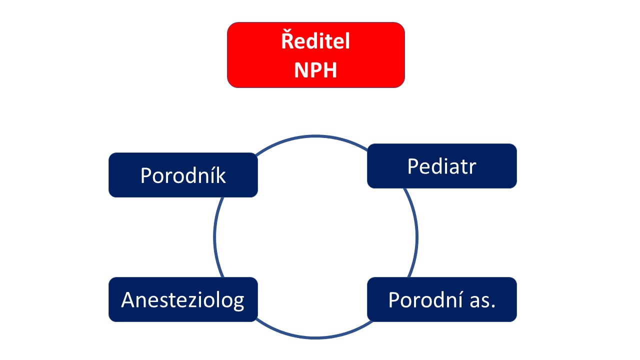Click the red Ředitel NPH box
pyautogui.click(x=315, y=55)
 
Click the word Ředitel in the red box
pyautogui.click(x=315, y=40)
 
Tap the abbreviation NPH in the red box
pyautogui.click(x=315, y=70)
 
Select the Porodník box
pyautogui.click(x=183, y=175)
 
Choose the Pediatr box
pyautogui.click(x=441, y=166)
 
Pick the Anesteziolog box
pyautogui.click(x=183, y=299)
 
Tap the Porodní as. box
pyautogui.click(x=441, y=299)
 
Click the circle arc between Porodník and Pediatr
pyautogui.click(x=314, y=136)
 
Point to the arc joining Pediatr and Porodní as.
pyautogui.click(x=417, y=234)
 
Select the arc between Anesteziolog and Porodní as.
pyautogui.click(x=314, y=337)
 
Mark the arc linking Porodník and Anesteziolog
pyautogui.click(x=214, y=237)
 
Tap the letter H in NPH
pyautogui.click(x=330, y=70)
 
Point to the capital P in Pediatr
pyautogui.click(x=413, y=166)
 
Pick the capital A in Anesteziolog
pyautogui.click(x=127, y=299)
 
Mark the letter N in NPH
pyautogui.click(x=301, y=70)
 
